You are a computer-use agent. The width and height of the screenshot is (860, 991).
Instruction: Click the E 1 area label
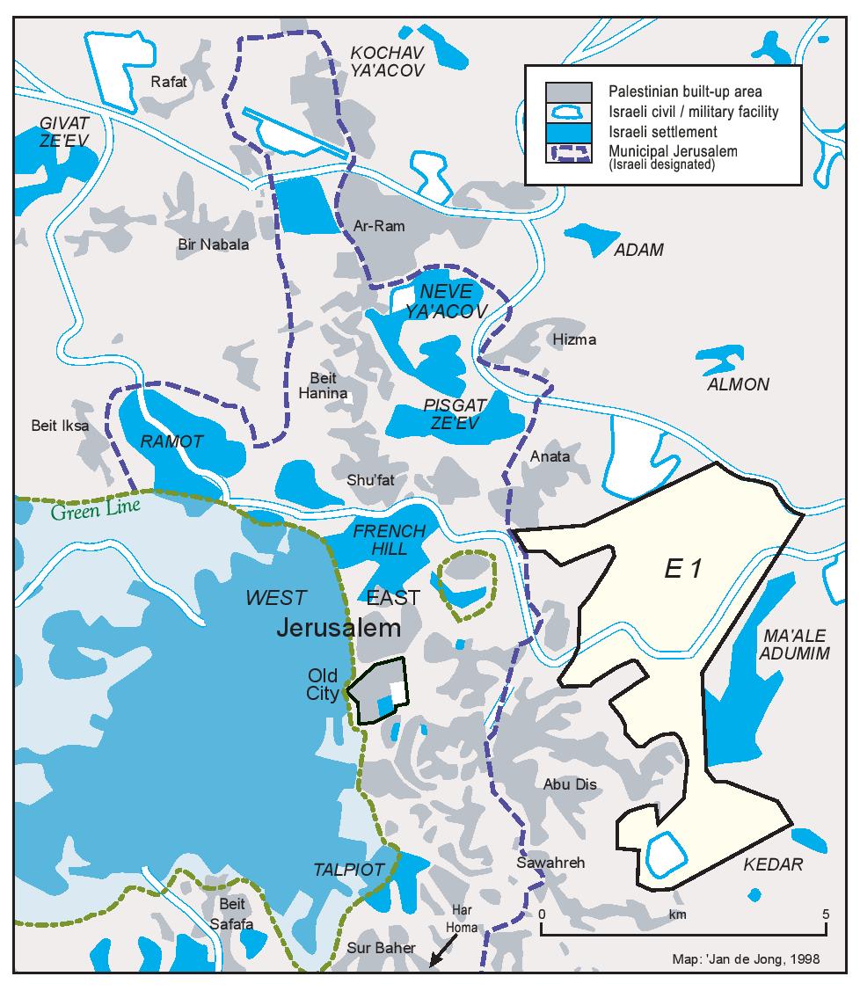[682, 570]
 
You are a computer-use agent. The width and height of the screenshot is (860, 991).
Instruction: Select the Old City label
[324, 685]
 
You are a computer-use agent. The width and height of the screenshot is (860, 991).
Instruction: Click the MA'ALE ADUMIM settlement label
[772, 644]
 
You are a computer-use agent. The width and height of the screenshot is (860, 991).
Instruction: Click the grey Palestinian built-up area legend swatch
[566, 91]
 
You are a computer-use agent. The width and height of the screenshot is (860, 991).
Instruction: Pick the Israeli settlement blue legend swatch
[566, 132]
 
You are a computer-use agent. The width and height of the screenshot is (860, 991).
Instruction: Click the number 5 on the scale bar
[825, 914]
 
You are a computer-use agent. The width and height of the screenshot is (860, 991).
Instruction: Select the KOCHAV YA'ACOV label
[387, 60]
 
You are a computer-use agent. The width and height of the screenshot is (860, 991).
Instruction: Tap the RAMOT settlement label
[171, 441]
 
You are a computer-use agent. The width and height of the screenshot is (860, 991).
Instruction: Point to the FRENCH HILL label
[389, 540]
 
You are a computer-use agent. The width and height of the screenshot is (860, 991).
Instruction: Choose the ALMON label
[738, 384]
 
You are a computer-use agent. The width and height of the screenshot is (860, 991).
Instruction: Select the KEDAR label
[773, 864]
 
